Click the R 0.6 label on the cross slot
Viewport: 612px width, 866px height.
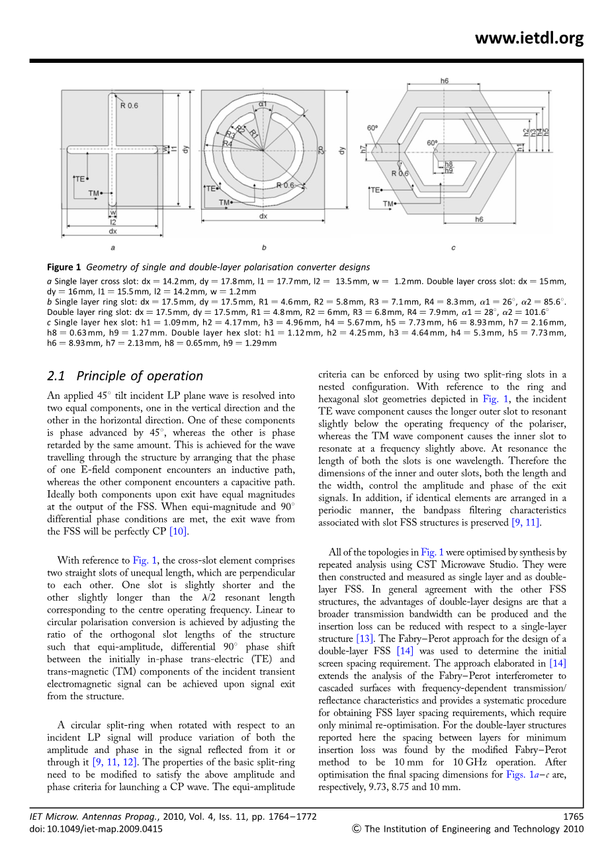130,105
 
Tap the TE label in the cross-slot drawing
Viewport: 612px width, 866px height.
79,179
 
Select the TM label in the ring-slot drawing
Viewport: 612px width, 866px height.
224,202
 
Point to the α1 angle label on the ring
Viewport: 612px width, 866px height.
263,104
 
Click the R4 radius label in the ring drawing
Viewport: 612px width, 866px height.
228,143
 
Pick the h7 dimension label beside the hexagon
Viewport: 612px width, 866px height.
364,150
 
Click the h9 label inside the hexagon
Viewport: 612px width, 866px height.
449,171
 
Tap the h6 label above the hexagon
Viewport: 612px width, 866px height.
444,81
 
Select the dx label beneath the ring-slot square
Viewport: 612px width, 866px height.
263,216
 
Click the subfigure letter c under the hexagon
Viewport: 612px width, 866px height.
453,248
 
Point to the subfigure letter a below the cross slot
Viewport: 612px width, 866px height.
113,248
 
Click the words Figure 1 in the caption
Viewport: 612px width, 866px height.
64,267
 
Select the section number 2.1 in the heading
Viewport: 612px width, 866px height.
56,376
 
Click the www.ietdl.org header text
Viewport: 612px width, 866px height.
529,38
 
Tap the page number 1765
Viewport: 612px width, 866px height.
573,816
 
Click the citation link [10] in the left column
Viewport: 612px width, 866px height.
179,531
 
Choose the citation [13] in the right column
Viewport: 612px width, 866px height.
365,638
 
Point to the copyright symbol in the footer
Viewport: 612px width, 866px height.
357,828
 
